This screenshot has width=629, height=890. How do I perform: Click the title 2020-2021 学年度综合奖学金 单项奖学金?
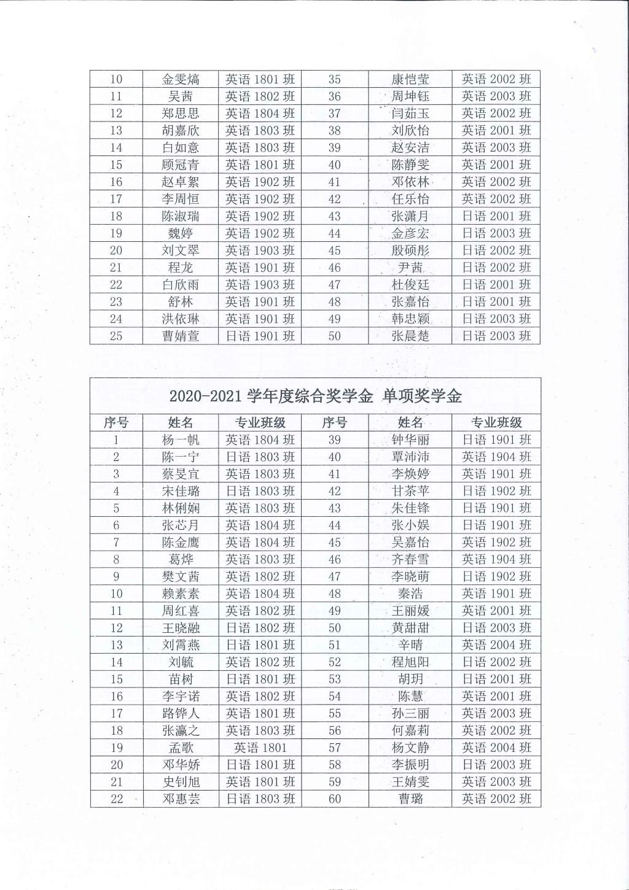(315, 396)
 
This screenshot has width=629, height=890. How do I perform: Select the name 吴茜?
(181, 96)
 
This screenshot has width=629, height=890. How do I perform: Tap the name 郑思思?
(181, 114)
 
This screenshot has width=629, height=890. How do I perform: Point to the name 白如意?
(181, 148)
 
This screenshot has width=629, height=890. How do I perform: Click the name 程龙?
(181, 268)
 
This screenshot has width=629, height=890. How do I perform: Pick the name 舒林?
(181, 302)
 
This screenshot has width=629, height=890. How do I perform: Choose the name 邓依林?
(410, 182)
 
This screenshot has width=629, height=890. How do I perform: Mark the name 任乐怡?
(410, 199)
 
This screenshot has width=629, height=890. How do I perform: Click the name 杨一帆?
(181, 440)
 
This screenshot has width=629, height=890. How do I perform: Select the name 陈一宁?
(181, 457)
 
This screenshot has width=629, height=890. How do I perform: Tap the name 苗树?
(181, 679)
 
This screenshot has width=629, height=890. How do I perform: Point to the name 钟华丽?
(410, 440)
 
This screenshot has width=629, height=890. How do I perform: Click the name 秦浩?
(410, 594)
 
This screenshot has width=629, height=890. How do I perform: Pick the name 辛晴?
(410, 645)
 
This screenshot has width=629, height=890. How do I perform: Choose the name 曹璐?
(410, 799)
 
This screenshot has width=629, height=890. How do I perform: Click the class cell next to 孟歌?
(260, 748)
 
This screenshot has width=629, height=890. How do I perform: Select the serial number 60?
(335, 799)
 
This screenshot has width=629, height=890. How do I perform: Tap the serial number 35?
(335, 79)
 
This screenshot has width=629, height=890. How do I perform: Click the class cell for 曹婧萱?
(260, 336)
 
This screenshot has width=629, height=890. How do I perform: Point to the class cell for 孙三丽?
(496, 714)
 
